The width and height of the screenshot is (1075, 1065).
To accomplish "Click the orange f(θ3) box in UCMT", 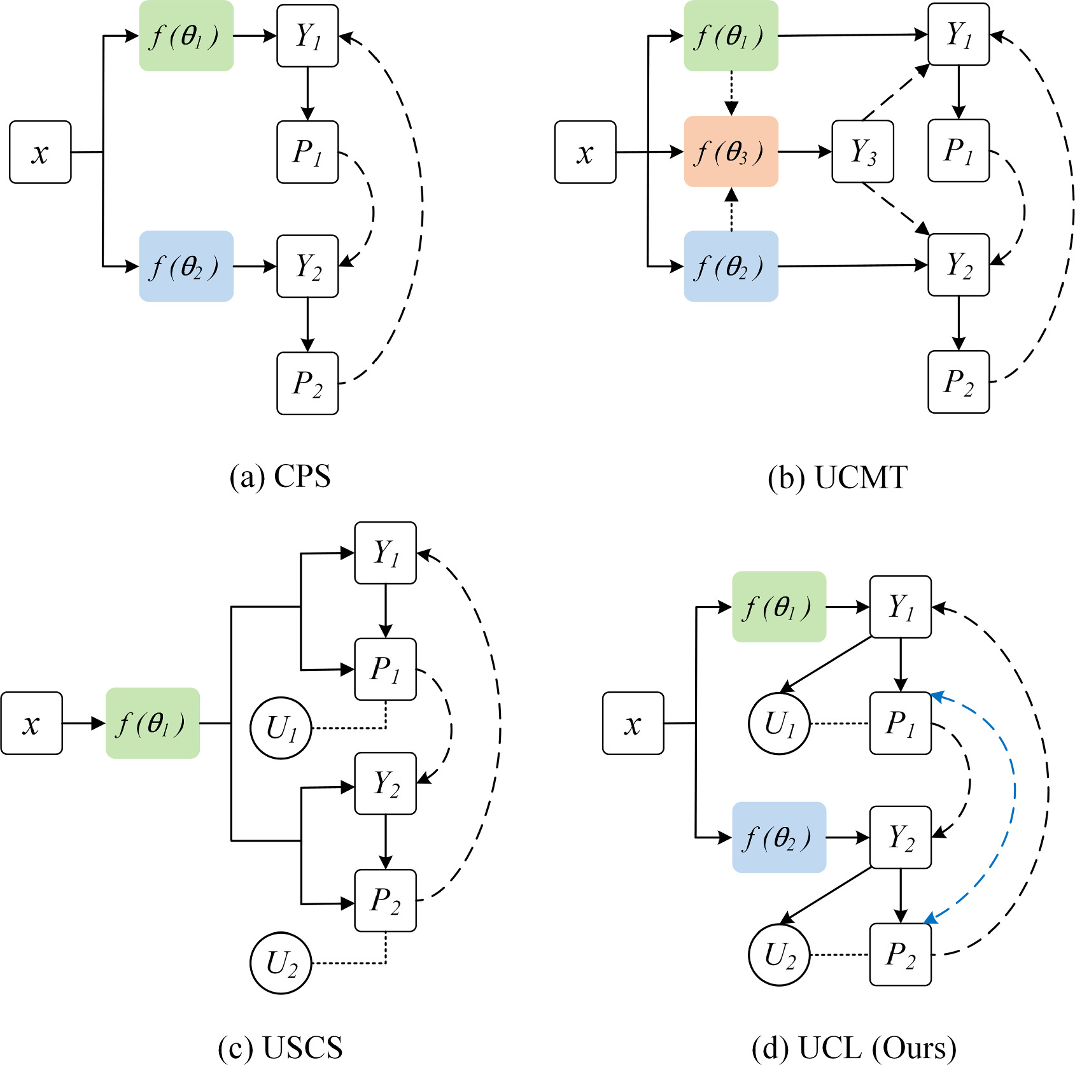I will pyautogui.click(x=731, y=152).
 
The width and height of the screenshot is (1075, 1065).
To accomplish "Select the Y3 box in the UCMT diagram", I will pyautogui.click(x=862, y=152).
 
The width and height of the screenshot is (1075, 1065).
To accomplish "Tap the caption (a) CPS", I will pyautogui.click(x=280, y=477).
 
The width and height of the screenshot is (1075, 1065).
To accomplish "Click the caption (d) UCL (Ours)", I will pyautogui.click(x=854, y=1047).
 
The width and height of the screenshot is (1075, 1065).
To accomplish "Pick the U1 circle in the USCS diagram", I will pyautogui.click(x=281, y=728).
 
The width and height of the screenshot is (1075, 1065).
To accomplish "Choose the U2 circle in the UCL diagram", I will pyautogui.click(x=778, y=954).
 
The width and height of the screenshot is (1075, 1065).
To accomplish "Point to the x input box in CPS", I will pyautogui.click(x=40, y=152).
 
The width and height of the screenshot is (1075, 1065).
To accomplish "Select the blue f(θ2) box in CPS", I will pyautogui.click(x=186, y=266).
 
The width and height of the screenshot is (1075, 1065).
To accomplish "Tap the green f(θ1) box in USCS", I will pyautogui.click(x=152, y=723).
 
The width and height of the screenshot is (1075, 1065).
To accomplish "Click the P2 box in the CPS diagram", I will pyautogui.click(x=307, y=383).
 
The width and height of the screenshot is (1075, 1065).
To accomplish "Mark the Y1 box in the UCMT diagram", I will pyautogui.click(x=958, y=35).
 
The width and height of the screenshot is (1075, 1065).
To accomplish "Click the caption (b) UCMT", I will pyautogui.click(x=838, y=477).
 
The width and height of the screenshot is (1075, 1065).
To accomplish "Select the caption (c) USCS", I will pyautogui.click(x=280, y=1047).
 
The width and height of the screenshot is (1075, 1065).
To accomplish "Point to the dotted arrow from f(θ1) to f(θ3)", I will pyautogui.click(x=731, y=93).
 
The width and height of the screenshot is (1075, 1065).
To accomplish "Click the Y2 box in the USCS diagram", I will pyautogui.click(x=385, y=783).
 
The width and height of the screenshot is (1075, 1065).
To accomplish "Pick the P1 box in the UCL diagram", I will pyautogui.click(x=900, y=723).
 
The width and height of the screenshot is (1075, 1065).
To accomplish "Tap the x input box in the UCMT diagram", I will pyautogui.click(x=585, y=152).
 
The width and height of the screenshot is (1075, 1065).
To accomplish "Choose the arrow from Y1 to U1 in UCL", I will pyautogui.click(x=826, y=664).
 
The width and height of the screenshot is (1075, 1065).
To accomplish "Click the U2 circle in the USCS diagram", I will pyautogui.click(x=281, y=963).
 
